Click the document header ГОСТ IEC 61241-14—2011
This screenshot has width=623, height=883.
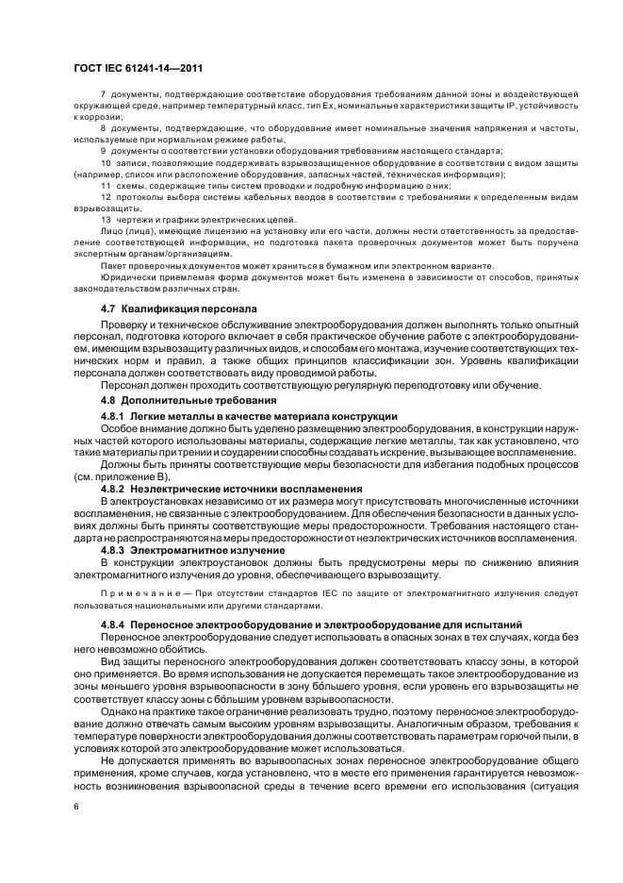[x=139, y=69]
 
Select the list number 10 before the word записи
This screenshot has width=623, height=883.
[x=105, y=164]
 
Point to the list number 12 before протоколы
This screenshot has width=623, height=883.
[x=105, y=197]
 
